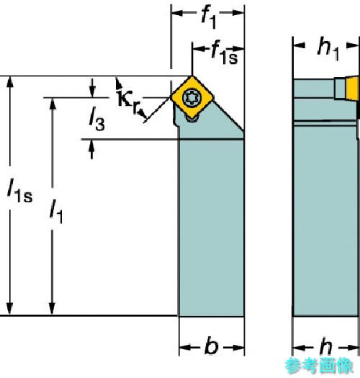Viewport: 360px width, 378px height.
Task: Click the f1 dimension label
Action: click(x=209, y=17)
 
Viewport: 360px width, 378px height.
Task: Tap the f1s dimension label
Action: click(x=224, y=53)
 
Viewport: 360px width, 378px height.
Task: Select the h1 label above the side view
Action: click(x=328, y=49)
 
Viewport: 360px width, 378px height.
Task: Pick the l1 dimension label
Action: click(x=56, y=212)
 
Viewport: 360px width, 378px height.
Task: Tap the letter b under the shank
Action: click(x=212, y=346)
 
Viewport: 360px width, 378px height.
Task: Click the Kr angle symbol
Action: click(x=129, y=102)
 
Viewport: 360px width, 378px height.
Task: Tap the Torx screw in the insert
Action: click(x=192, y=98)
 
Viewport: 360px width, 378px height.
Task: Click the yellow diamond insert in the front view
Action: click(x=192, y=97)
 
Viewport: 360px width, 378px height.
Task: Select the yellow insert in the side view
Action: click(x=352, y=87)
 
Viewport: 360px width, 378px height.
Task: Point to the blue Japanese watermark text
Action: click(x=319, y=366)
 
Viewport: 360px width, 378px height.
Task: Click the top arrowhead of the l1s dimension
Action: click(x=9, y=81)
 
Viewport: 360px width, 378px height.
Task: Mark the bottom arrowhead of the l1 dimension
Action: click(x=52, y=309)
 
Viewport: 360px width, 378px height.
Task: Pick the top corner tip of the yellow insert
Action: click(x=192, y=76)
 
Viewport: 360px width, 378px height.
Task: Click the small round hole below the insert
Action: click(x=192, y=118)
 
